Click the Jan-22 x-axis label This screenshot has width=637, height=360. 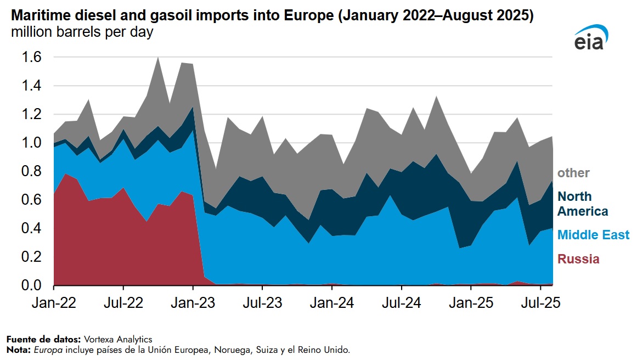54,303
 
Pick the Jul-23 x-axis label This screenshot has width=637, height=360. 262,303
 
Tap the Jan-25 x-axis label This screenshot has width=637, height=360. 471,303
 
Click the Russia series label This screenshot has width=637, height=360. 578,259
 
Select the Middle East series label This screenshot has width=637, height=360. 593,235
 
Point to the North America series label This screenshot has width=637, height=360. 583,204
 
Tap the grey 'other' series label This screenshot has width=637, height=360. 573,173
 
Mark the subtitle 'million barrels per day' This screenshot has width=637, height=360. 82,32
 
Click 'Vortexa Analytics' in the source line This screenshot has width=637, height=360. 119,340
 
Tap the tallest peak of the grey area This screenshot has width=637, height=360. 158,58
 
